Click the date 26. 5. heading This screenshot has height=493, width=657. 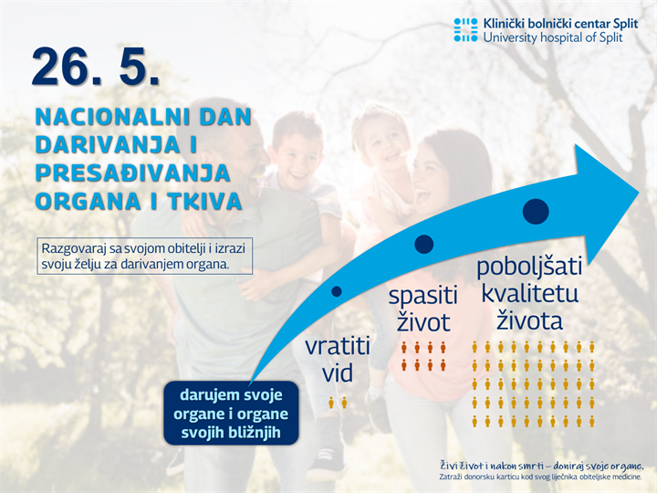[x=96, y=67]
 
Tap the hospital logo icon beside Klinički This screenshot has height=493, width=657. [x=465, y=29]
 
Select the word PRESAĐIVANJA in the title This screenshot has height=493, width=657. [x=132, y=173]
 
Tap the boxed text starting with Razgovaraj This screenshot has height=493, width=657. [x=146, y=257]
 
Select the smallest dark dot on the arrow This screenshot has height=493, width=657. [x=337, y=292]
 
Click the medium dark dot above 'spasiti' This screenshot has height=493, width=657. [x=423, y=244]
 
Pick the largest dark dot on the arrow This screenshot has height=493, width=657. [x=536, y=212]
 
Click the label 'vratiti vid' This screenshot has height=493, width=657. [x=338, y=360]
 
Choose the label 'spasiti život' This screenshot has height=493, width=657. [x=422, y=309]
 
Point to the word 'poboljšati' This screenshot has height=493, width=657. [x=529, y=268]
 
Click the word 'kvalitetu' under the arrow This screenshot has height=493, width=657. [x=529, y=294]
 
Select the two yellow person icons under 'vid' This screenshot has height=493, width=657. [x=338, y=402]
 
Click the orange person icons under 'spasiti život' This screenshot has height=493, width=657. [x=423, y=356]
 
